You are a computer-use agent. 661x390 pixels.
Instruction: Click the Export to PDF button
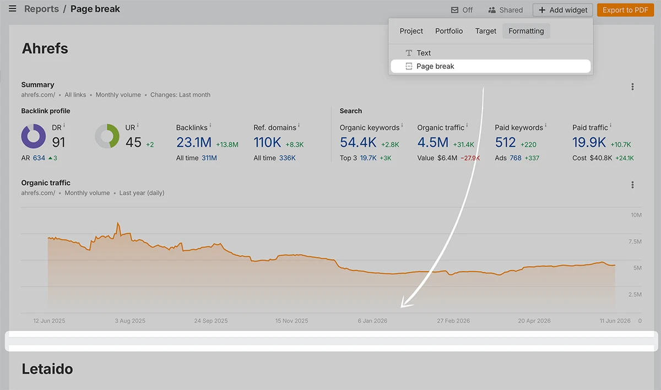tap(625, 10)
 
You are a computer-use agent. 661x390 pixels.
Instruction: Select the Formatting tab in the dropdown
tap(526, 31)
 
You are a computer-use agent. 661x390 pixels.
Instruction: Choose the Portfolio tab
tap(449, 31)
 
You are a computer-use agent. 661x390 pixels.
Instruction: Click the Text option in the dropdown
tap(424, 53)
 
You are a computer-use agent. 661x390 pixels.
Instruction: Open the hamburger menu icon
tap(12, 9)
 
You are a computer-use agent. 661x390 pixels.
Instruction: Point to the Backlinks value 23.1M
tap(194, 143)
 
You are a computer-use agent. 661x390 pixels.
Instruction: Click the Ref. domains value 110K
tap(267, 143)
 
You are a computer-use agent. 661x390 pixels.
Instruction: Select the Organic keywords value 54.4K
tap(358, 143)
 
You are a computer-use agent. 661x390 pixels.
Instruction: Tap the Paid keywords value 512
tap(505, 143)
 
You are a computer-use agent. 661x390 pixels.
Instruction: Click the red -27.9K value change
tap(470, 158)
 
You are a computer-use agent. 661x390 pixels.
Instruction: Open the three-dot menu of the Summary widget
tap(632, 86)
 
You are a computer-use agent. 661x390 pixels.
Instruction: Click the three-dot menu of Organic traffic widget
tap(632, 185)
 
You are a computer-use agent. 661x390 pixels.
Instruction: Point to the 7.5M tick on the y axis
tap(635, 242)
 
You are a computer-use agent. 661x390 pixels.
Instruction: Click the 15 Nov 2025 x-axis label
tap(291, 321)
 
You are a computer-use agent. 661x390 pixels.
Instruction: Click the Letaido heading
tap(47, 369)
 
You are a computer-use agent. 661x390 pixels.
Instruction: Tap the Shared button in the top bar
tap(505, 10)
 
